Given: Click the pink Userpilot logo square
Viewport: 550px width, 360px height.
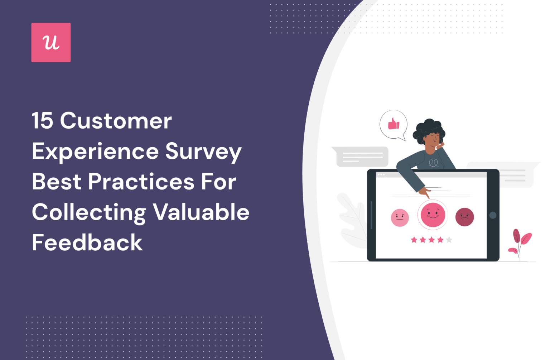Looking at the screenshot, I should [x=51, y=42].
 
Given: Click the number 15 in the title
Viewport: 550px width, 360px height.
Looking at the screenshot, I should [x=42, y=121].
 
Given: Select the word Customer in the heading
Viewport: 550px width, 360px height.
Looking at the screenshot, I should [x=116, y=121].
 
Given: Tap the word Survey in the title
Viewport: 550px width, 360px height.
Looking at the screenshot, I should [x=203, y=152].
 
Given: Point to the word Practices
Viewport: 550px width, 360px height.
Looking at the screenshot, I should [x=141, y=182].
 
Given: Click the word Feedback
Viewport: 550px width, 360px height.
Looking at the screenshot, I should [x=87, y=243].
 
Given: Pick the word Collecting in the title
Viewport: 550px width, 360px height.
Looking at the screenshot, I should [x=89, y=213].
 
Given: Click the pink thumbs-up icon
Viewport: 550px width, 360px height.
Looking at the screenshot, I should [x=394, y=124].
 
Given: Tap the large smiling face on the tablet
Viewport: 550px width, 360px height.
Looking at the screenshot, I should [x=433, y=215].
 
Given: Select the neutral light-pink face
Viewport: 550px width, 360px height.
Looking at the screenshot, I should [x=400, y=217].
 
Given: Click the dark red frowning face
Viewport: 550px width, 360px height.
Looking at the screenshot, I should [x=464, y=217].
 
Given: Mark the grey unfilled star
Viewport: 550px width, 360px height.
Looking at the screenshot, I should [x=449, y=240].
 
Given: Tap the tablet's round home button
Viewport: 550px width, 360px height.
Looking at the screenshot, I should [x=493, y=215].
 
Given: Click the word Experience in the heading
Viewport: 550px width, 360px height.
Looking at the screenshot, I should [x=95, y=152].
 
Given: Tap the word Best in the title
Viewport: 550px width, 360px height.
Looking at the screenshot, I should [x=57, y=182].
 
